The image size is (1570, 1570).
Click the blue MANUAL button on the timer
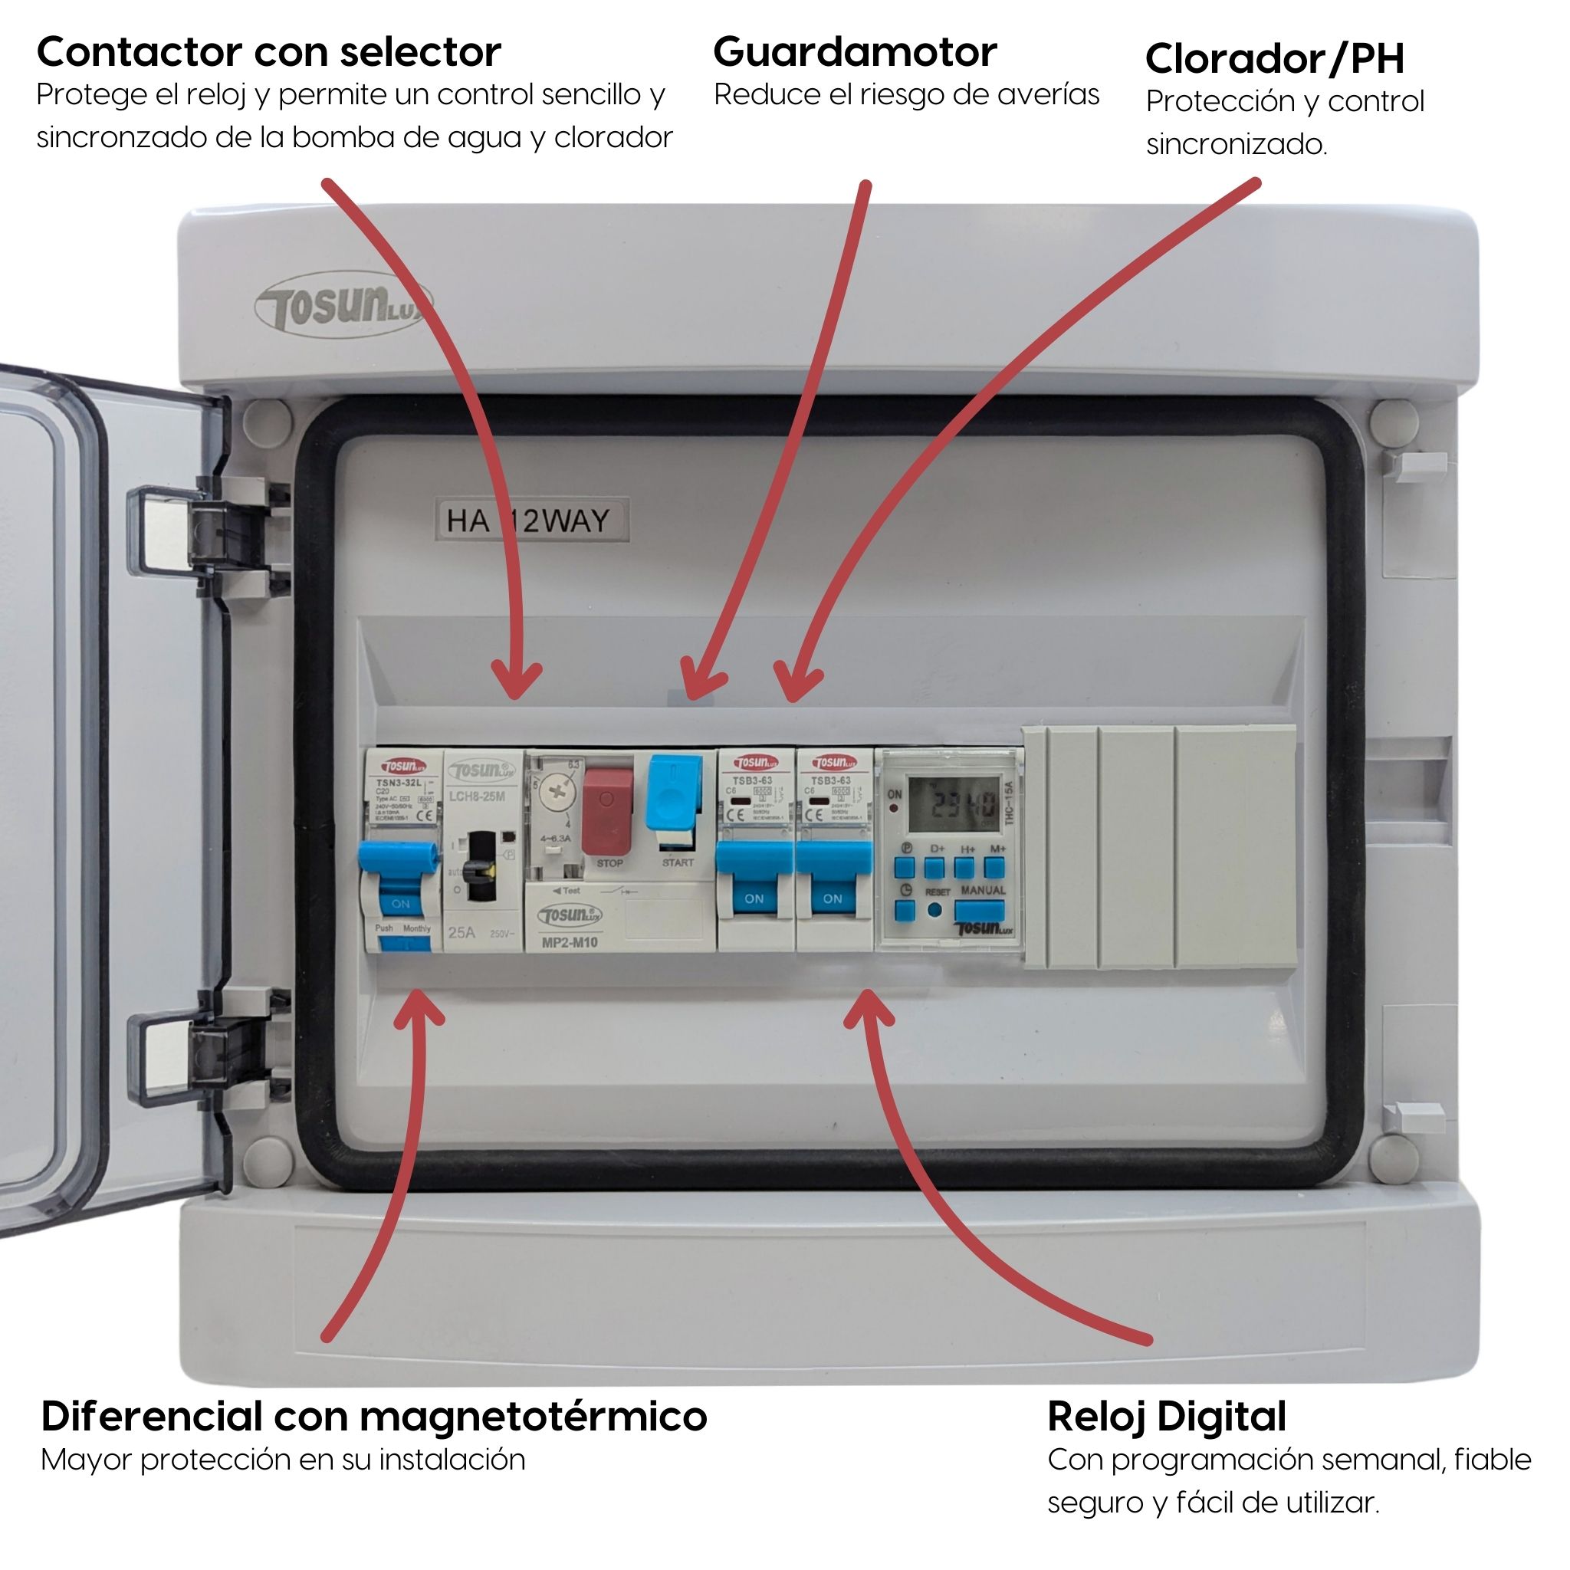(979, 910)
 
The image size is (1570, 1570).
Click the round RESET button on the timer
(935, 911)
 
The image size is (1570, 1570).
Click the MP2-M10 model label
(570, 943)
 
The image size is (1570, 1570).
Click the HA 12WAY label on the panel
(530, 520)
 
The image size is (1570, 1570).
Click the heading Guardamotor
(855, 52)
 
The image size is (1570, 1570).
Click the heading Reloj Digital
(1166, 1417)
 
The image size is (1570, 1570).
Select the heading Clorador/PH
(1274, 58)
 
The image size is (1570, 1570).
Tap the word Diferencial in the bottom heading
(151, 1417)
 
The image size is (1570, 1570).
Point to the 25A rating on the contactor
(461, 932)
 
